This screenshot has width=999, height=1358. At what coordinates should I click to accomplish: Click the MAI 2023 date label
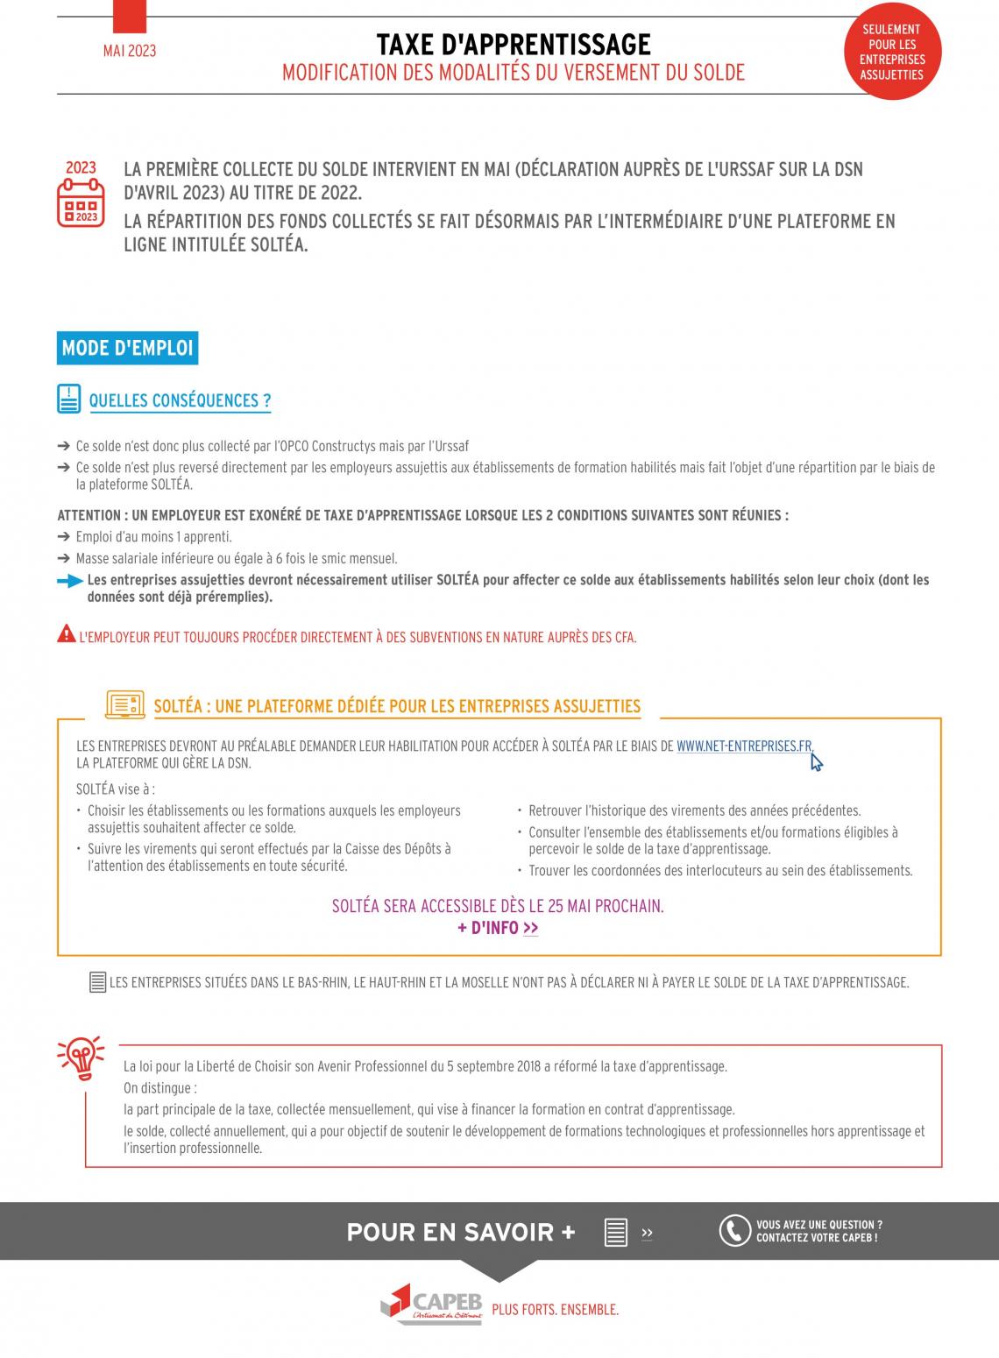(130, 51)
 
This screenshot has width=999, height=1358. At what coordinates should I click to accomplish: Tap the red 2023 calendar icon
(81, 194)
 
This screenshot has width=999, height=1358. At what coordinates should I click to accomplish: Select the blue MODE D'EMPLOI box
(127, 348)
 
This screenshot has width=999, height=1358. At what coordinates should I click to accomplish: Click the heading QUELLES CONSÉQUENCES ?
(180, 400)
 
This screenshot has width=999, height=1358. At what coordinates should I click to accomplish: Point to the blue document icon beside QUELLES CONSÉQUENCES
(68, 399)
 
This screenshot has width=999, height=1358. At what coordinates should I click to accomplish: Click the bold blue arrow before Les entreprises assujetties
(70, 581)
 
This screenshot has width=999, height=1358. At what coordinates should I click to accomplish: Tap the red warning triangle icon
(66, 634)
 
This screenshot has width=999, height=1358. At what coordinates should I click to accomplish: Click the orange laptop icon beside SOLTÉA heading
(125, 704)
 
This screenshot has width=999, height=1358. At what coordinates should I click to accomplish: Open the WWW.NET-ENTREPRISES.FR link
(744, 746)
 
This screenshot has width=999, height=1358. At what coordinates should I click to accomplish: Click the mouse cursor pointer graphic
(816, 762)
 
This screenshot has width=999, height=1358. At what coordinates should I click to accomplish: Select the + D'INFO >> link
(498, 928)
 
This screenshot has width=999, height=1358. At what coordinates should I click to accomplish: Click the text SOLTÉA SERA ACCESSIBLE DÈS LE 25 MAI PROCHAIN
(498, 906)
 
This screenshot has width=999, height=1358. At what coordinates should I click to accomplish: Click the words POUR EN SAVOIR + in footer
(461, 1232)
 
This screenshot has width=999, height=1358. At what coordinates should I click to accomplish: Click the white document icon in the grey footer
(616, 1232)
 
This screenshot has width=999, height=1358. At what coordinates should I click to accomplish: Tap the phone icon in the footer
(734, 1231)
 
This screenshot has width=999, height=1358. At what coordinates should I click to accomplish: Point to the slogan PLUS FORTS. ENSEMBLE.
(556, 1310)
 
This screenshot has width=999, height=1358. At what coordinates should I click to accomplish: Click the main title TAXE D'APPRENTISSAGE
(514, 44)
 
